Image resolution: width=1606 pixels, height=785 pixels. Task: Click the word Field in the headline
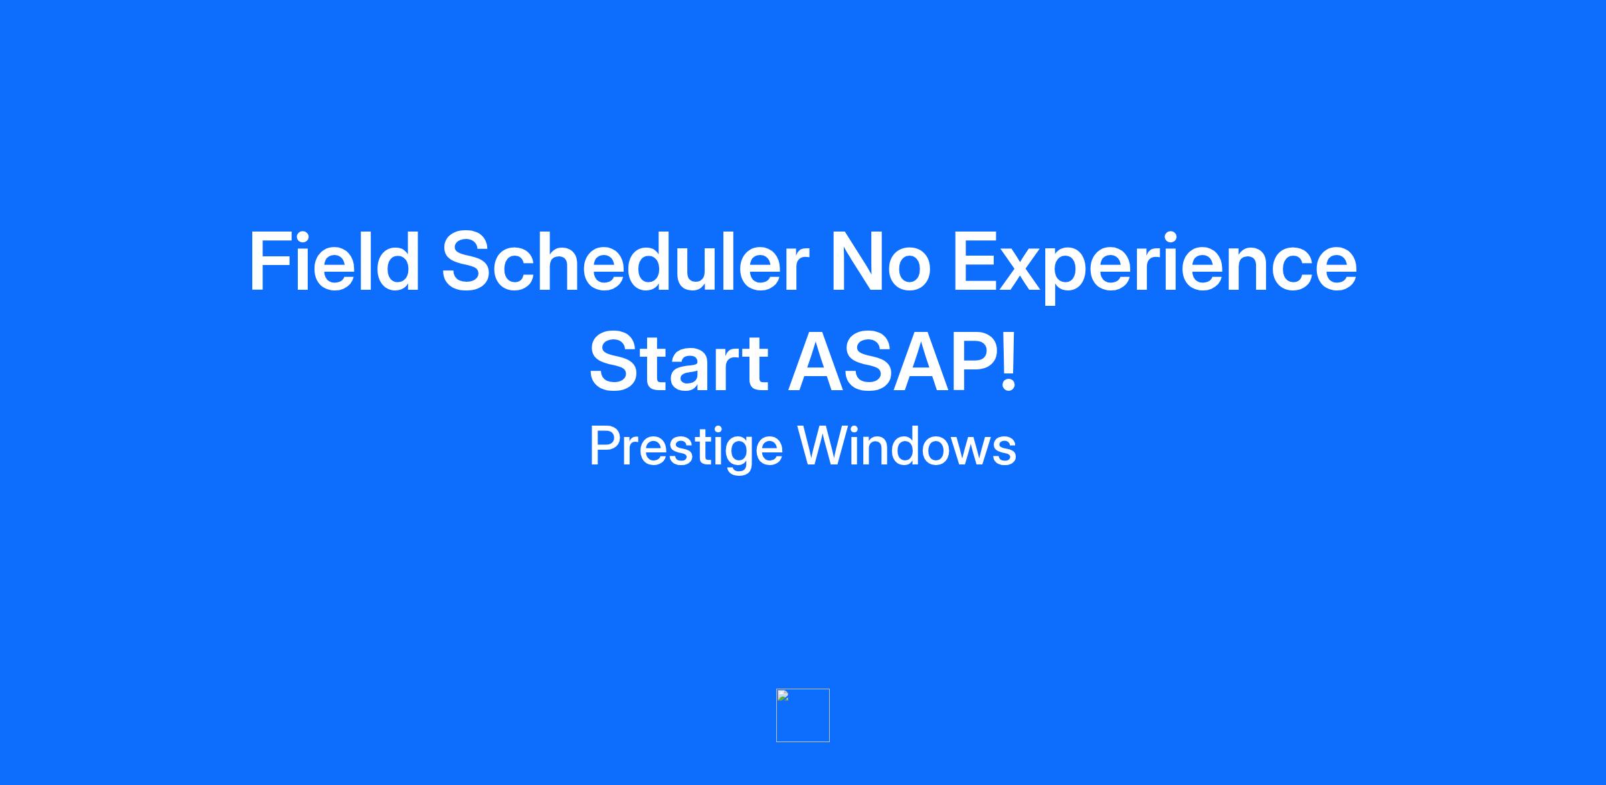pyautogui.click(x=335, y=261)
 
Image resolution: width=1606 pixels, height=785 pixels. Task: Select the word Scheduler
pyautogui.click(x=624, y=261)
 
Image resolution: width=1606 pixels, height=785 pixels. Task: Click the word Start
pyautogui.click(x=679, y=362)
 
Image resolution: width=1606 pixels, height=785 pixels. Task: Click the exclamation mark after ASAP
pyautogui.click(x=1008, y=361)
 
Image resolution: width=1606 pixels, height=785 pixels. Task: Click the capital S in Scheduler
pyautogui.click(x=468, y=261)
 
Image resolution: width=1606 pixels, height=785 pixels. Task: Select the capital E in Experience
pyautogui.click(x=975, y=261)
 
